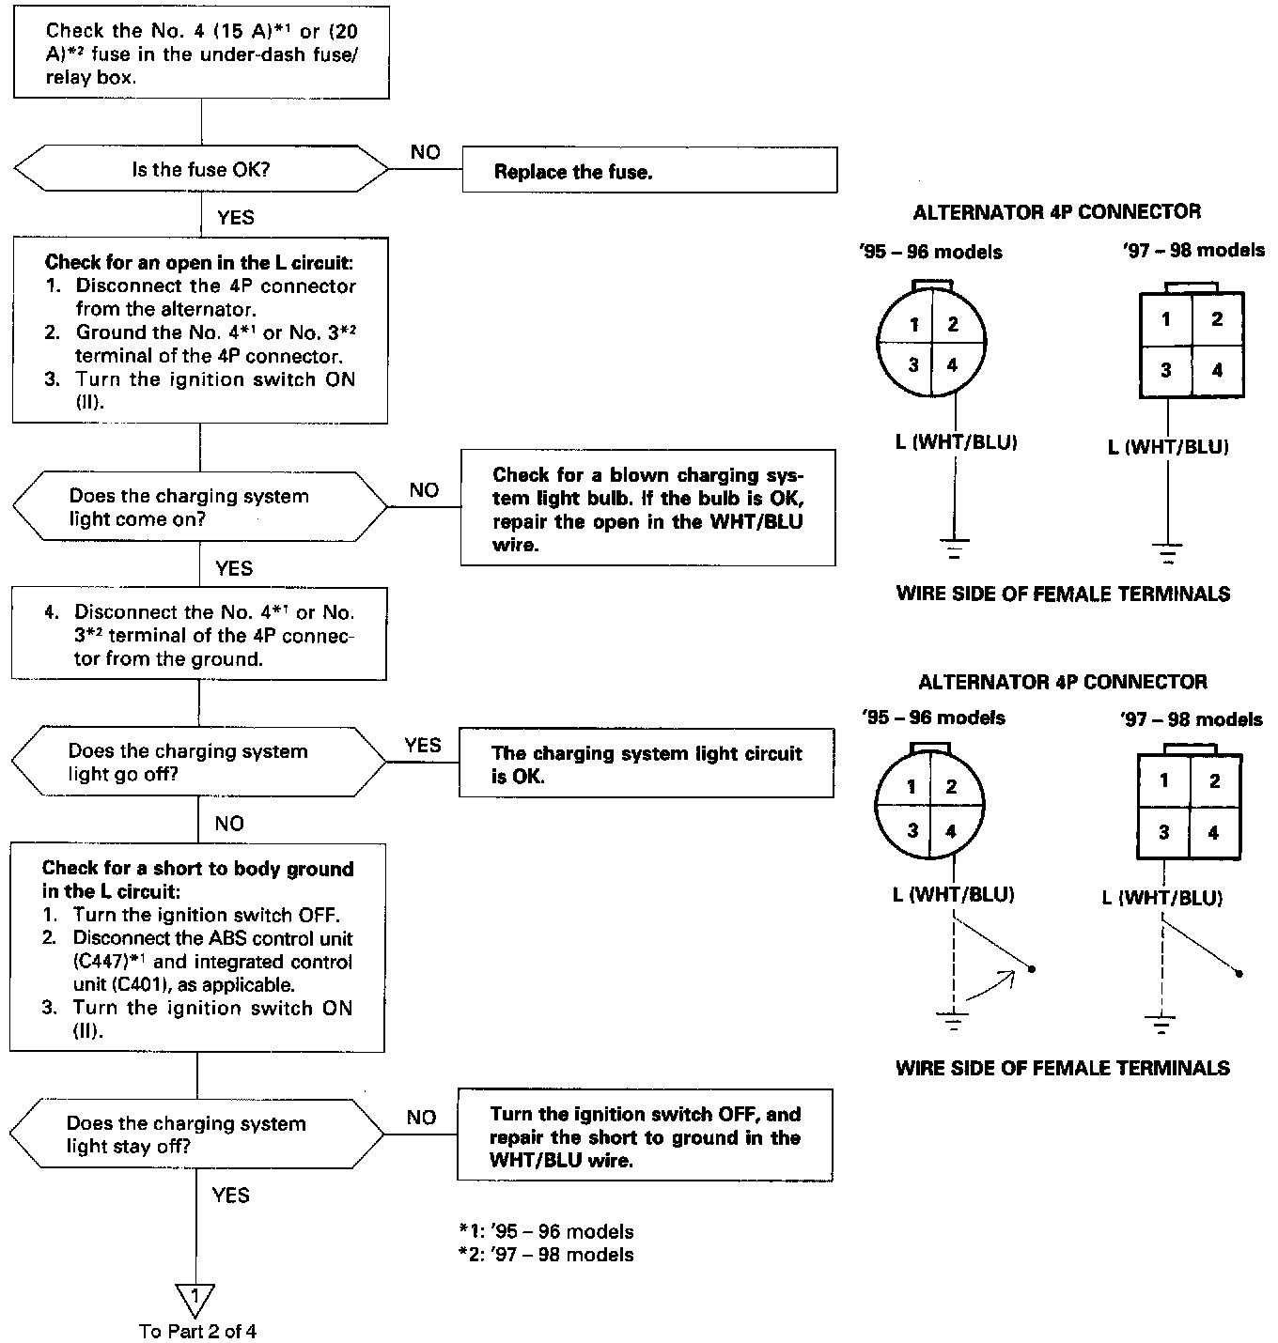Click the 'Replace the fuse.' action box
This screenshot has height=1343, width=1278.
(x=648, y=171)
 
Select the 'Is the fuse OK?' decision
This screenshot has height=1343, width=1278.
(x=200, y=170)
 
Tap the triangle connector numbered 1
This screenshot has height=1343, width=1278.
(x=195, y=1299)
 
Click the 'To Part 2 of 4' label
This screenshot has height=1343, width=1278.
(x=197, y=1332)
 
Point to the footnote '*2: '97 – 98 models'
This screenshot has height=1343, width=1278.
(x=546, y=1255)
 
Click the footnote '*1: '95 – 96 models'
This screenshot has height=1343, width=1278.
(x=546, y=1231)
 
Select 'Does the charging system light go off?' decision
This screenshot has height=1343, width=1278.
(x=198, y=763)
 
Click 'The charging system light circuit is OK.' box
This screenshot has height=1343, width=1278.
(x=646, y=764)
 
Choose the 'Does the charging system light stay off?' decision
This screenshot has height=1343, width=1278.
(x=197, y=1135)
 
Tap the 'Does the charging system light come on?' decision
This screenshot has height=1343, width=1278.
(x=199, y=507)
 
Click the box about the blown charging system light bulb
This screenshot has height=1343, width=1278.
(x=647, y=508)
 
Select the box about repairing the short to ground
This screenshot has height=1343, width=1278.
(x=645, y=1135)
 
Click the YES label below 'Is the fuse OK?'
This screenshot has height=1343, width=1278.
(x=235, y=218)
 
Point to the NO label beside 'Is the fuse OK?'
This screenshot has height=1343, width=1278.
(x=425, y=152)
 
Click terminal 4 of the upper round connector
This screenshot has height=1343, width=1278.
(x=952, y=365)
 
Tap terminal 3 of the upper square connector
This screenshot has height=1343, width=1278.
(x=1165, y=370)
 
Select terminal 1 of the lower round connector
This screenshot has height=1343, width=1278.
(x=911, y=787)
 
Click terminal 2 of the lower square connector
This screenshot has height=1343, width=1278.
(x=1214, y=781)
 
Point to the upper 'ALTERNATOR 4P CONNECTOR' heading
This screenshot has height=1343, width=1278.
(x=1056, y=212)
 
